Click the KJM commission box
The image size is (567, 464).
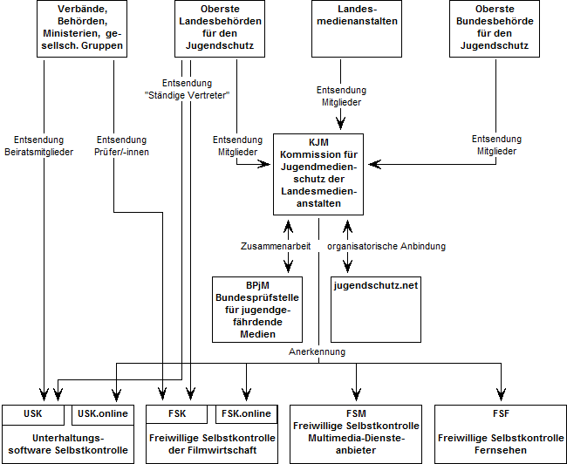point(318,174)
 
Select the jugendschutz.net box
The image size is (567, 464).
point(376,310)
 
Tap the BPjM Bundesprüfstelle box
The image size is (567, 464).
point(257,310)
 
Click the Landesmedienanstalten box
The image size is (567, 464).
point(357,29)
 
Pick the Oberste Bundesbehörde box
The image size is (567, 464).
point(495,29)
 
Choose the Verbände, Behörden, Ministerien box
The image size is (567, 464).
point(82,29)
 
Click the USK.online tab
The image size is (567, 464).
point(103,414)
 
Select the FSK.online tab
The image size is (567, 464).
point(246,414)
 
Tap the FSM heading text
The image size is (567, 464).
point(356,413)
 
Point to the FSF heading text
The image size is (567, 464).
point(501,413)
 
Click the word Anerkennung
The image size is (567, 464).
point(318,351)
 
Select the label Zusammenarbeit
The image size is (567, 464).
point(276,246)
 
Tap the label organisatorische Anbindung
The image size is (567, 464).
point(386,246)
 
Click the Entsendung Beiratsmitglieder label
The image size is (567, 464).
point(38,146)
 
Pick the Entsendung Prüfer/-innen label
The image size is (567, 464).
point(121,146)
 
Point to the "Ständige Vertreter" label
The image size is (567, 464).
point(187,95)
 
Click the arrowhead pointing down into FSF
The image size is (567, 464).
point(502,394)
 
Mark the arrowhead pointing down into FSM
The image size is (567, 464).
point(356,394)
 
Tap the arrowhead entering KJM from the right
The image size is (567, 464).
point(374,164)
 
